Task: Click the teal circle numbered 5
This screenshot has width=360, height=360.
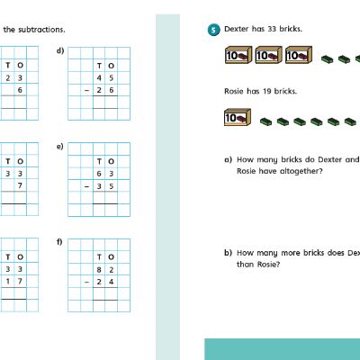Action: pyautogui.click(x=213, y=30)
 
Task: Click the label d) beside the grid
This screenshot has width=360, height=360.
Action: pyautogui.click(x=60, y=50)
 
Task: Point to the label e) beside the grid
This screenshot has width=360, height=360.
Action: pyautogui.click(x=60, y=147)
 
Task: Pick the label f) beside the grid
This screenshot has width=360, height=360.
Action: pyautogui.click(x=59, y=242)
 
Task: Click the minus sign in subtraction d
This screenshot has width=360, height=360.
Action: pyautogui.click(x=87, y=90)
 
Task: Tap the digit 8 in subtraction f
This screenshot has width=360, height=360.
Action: pyautogui.click(x=99, y=270)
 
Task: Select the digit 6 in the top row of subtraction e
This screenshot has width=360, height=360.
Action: pyautogui.click(x=99, y=174)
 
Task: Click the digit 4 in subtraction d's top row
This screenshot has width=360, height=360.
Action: pyautogui.click(x=99, y=78)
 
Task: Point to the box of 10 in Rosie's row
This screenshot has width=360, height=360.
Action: pyautogui.click(x=238, y=117)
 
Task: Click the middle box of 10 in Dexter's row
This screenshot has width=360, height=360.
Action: pyautogui.click(x=268, y=55)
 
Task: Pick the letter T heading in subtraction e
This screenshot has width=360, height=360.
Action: pyautogui.click(x=99, y=161)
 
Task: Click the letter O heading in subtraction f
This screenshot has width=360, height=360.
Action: pyautogui.click(x=111, y=257)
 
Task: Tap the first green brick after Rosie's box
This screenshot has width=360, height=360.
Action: pyautogui.click(x=265, y=121)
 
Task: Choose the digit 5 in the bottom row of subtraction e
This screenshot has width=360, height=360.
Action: pyautogui.click(x=112, y=186)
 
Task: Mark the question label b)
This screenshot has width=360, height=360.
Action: pyautogui.click(x=228, y=253)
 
